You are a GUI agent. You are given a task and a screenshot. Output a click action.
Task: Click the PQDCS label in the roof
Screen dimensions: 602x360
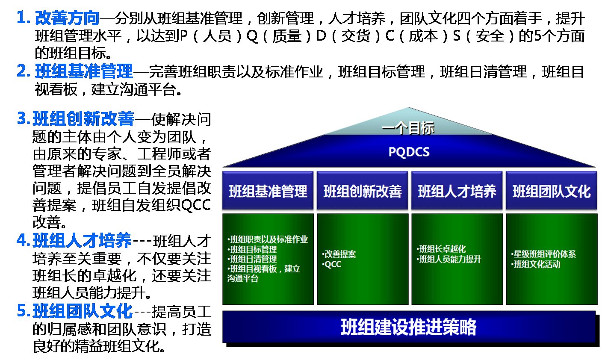click(x=409, y=152)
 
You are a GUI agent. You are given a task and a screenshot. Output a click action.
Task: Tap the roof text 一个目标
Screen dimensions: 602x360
click(x=408, y=128)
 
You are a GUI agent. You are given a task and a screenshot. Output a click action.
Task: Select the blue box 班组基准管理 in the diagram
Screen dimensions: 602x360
click(x=268, y=191)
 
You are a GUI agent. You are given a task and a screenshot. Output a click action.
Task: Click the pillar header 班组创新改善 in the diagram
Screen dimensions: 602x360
click(x=362, y=191)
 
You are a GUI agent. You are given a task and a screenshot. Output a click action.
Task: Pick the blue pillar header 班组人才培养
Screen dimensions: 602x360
click(x=457, y=191)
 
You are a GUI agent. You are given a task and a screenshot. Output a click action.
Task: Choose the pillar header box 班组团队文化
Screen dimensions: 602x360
click(x=552, y=191)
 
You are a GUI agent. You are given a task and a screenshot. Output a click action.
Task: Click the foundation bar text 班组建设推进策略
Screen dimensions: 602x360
click(x=408, y=327)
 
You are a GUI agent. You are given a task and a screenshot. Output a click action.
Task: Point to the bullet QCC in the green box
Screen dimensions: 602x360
click(x=332, y=264)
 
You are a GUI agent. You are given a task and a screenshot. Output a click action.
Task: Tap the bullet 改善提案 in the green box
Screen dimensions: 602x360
click(x=339, y=254)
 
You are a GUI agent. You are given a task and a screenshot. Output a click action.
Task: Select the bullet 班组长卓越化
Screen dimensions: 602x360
click(x=441, y=249)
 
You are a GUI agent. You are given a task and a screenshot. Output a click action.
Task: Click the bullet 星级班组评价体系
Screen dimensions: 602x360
click(x=543, y=254)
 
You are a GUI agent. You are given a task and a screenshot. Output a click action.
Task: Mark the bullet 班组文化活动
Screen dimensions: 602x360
click(x=536, y=264)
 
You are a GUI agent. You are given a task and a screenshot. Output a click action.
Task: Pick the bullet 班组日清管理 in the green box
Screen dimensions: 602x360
click(x=252, y=259)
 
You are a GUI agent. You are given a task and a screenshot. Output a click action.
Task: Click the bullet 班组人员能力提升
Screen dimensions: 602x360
click(x=449, y=259)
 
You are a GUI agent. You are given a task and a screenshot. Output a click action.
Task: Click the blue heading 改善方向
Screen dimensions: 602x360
click(x=67, y=18)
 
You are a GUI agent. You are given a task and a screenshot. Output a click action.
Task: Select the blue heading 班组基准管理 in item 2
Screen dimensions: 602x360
click(x=84, y=71)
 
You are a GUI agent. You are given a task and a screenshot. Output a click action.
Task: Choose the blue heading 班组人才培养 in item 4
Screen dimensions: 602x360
click(x=82, y=240)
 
